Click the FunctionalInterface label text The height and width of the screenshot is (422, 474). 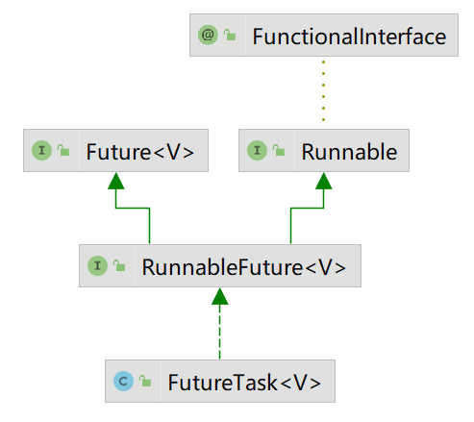tap(349, 37)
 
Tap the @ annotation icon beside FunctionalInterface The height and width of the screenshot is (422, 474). tap(208, 35)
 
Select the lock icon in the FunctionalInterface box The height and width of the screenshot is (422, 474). tap(230, 35)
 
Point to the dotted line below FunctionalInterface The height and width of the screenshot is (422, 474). tap(323, 90)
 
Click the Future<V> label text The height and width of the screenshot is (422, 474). tap(140, 152)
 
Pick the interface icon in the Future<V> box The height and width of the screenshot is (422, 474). tap(41, 150)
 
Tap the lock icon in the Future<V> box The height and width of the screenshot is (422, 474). tap(63, 150)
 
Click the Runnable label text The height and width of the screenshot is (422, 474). tap(349, 152)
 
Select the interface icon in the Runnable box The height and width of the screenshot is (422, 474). tap(257, 150)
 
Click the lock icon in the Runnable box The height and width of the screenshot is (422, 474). tap(279, 150)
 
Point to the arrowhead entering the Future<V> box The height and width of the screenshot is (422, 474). tap(115, 181)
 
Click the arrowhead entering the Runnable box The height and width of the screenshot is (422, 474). tap(323, 181)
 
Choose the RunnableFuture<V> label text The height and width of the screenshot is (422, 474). tap(244, 267)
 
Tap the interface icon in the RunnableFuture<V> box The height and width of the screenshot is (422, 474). tap(97, 265)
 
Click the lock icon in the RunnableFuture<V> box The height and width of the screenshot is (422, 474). tap(119, 265)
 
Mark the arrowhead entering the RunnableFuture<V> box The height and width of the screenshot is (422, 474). tap(219, 296)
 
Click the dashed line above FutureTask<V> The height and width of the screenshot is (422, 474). tap(219, 332)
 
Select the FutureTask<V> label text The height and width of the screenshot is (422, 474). tap(244, 383)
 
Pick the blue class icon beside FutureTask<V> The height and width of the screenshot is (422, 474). tap(123, 381)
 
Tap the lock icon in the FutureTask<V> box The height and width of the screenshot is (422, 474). tap(145, 381)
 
